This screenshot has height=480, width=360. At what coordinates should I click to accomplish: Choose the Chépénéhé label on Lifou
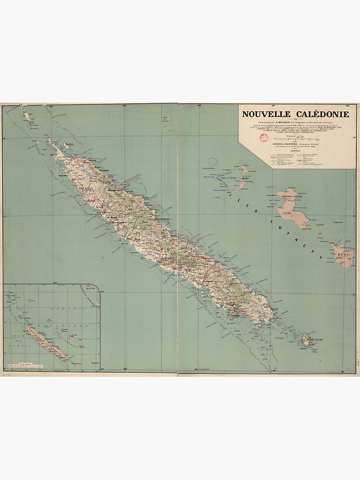(x=288, y=195)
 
